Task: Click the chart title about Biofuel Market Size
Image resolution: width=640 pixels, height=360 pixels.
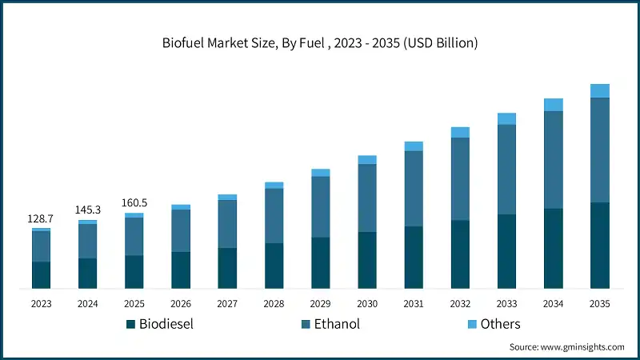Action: [320, 42]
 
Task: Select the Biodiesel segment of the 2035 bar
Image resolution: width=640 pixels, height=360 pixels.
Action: [600, 245]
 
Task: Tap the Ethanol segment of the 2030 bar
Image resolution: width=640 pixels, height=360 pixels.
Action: [367, 198]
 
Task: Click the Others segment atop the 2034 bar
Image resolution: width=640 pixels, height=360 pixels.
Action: [554, 105]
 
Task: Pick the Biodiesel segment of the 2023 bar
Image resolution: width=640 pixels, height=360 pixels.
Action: [42, 274]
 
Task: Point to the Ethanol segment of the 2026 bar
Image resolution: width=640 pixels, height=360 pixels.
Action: [181, 230]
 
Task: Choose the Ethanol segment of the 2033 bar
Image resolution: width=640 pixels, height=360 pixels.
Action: [506, 170]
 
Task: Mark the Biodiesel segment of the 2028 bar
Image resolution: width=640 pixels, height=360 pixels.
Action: [274, 265]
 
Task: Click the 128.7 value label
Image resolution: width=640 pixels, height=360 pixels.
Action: [42, 218]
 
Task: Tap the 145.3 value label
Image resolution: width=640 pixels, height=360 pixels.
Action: [88, 210]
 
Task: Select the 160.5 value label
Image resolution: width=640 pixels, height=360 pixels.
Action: [134, 202]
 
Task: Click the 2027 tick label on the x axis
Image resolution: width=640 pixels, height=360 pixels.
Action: [227, 304]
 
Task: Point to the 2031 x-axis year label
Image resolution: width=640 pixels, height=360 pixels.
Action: [414, 304]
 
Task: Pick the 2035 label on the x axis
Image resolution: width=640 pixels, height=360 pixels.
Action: [600, 304]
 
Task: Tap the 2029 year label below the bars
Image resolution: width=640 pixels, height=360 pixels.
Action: [320, 304]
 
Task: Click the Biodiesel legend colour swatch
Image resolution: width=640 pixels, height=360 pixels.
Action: [130, 324]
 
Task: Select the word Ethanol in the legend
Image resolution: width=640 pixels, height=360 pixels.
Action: [338, 324]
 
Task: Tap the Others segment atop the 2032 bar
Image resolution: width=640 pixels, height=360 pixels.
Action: [460, 132]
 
